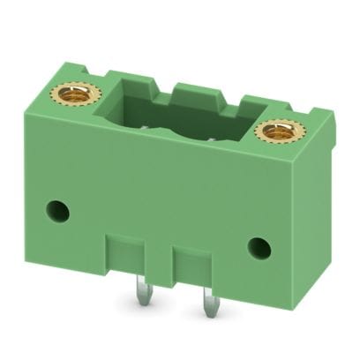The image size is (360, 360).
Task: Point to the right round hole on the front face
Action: click(259, 247)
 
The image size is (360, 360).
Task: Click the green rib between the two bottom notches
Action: click(165, 259)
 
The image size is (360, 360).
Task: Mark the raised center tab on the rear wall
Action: click(196, 91)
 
